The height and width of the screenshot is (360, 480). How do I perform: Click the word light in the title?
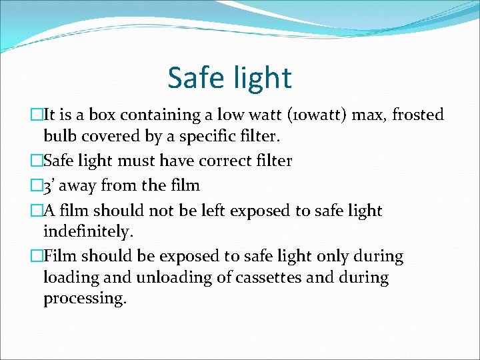[261, 77]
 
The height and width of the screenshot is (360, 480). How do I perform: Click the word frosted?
[417, 115]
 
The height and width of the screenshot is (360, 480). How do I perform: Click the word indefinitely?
[88, 232]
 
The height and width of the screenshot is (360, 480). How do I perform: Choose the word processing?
[85, 299]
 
